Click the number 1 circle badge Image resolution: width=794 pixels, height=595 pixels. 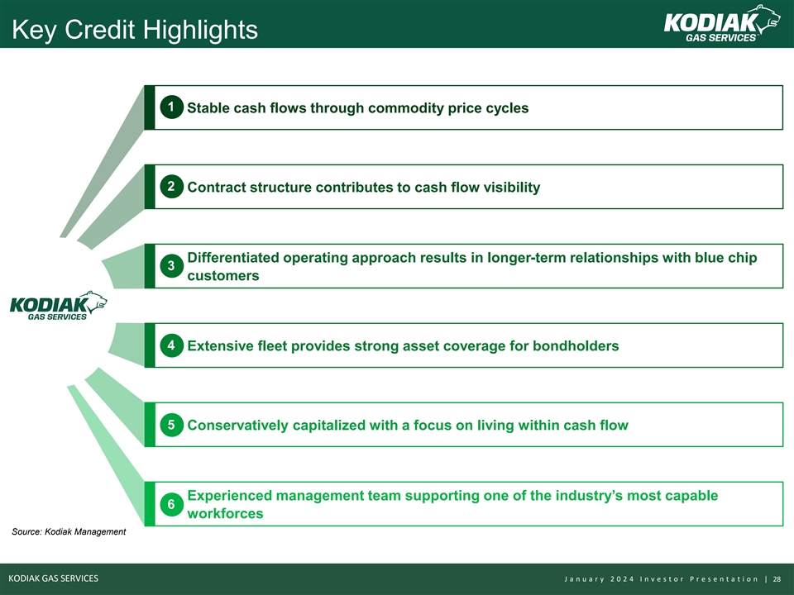[172, 107]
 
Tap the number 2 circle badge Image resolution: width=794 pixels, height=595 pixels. [172, 187]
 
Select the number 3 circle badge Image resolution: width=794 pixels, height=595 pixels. [172, 266]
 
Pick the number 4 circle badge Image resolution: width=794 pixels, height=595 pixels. [172, 345]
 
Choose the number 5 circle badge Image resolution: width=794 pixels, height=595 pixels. [172, 425]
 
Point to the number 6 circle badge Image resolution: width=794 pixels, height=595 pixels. [172, 504]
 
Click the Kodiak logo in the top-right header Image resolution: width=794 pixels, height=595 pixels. [721, 24]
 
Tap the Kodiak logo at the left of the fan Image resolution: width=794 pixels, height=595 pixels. [58, 306]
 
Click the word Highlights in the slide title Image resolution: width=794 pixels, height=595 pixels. [200, 30]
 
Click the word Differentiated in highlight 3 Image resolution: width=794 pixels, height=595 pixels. [233, 258]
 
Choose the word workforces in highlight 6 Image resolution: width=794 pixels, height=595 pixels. [225, 513]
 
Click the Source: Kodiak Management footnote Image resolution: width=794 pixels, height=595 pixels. [69, 531]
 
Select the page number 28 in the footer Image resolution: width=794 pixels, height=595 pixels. [777, 579]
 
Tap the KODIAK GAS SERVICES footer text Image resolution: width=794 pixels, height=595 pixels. [54, 578]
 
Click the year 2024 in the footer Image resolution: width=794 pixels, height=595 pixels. [622, 579]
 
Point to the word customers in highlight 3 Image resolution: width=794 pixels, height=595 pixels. [223, 276]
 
